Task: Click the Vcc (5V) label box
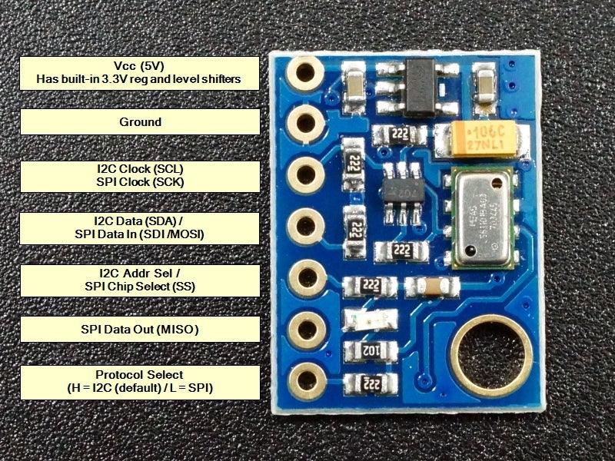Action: (139, 72)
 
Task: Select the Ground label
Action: (139, 122)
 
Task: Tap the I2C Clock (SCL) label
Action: (139, 174)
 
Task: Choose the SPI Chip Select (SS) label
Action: (139, 280)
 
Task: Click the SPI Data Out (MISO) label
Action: (139, 329)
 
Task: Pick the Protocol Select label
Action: (139, 382)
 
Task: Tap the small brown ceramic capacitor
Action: (434, 287)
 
